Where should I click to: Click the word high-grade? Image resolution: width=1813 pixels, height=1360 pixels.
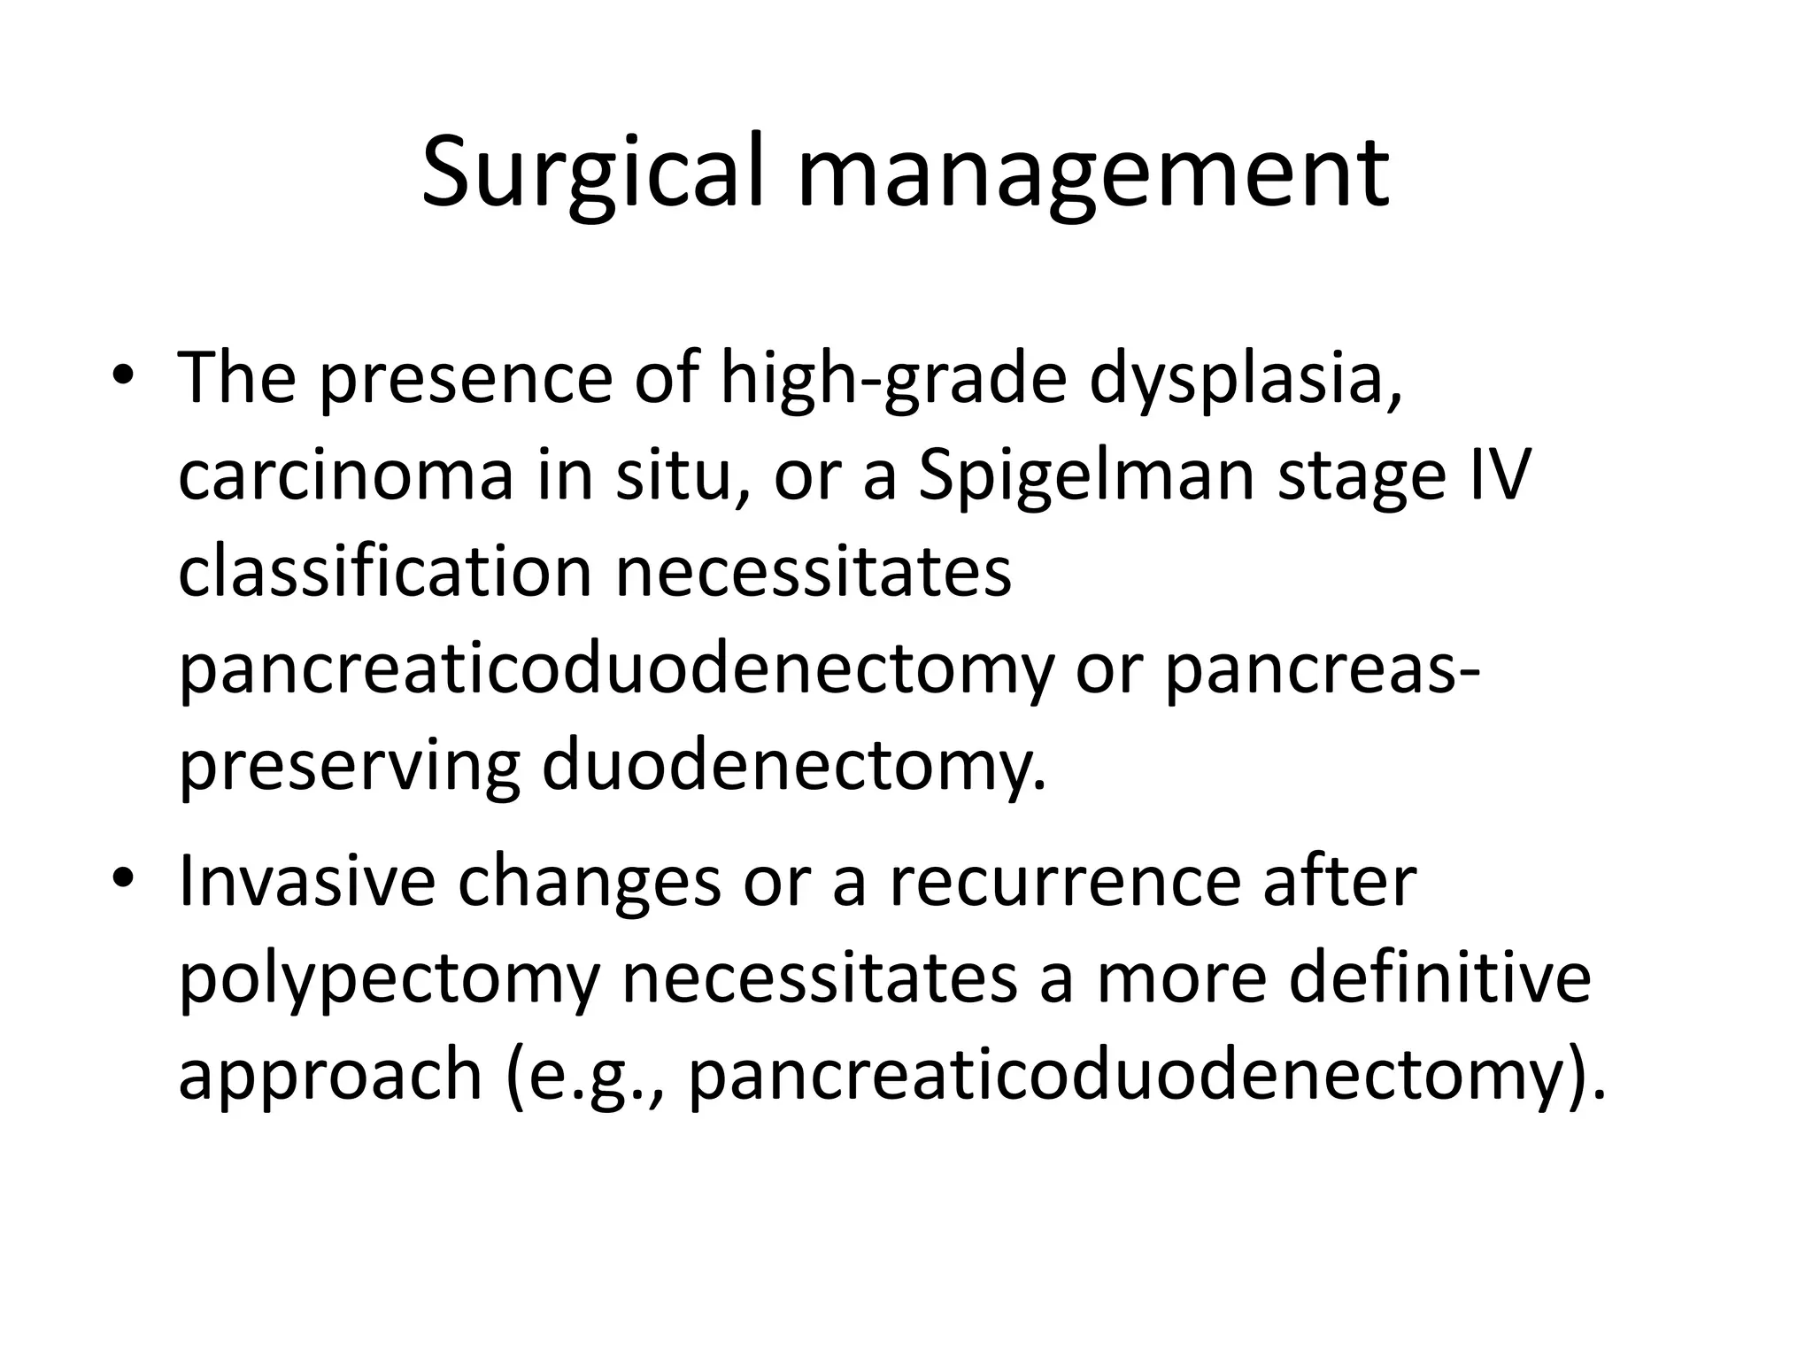pyautogui.click(x=893, y=379)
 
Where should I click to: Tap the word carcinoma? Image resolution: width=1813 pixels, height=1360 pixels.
pyautogui.click(x=346, y=476)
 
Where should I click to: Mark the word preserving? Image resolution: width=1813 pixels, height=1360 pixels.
pyautogui.click(x=349, y=765)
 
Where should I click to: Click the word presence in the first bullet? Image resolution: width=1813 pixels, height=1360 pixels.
pyautogui.click(x=466, y=379)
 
